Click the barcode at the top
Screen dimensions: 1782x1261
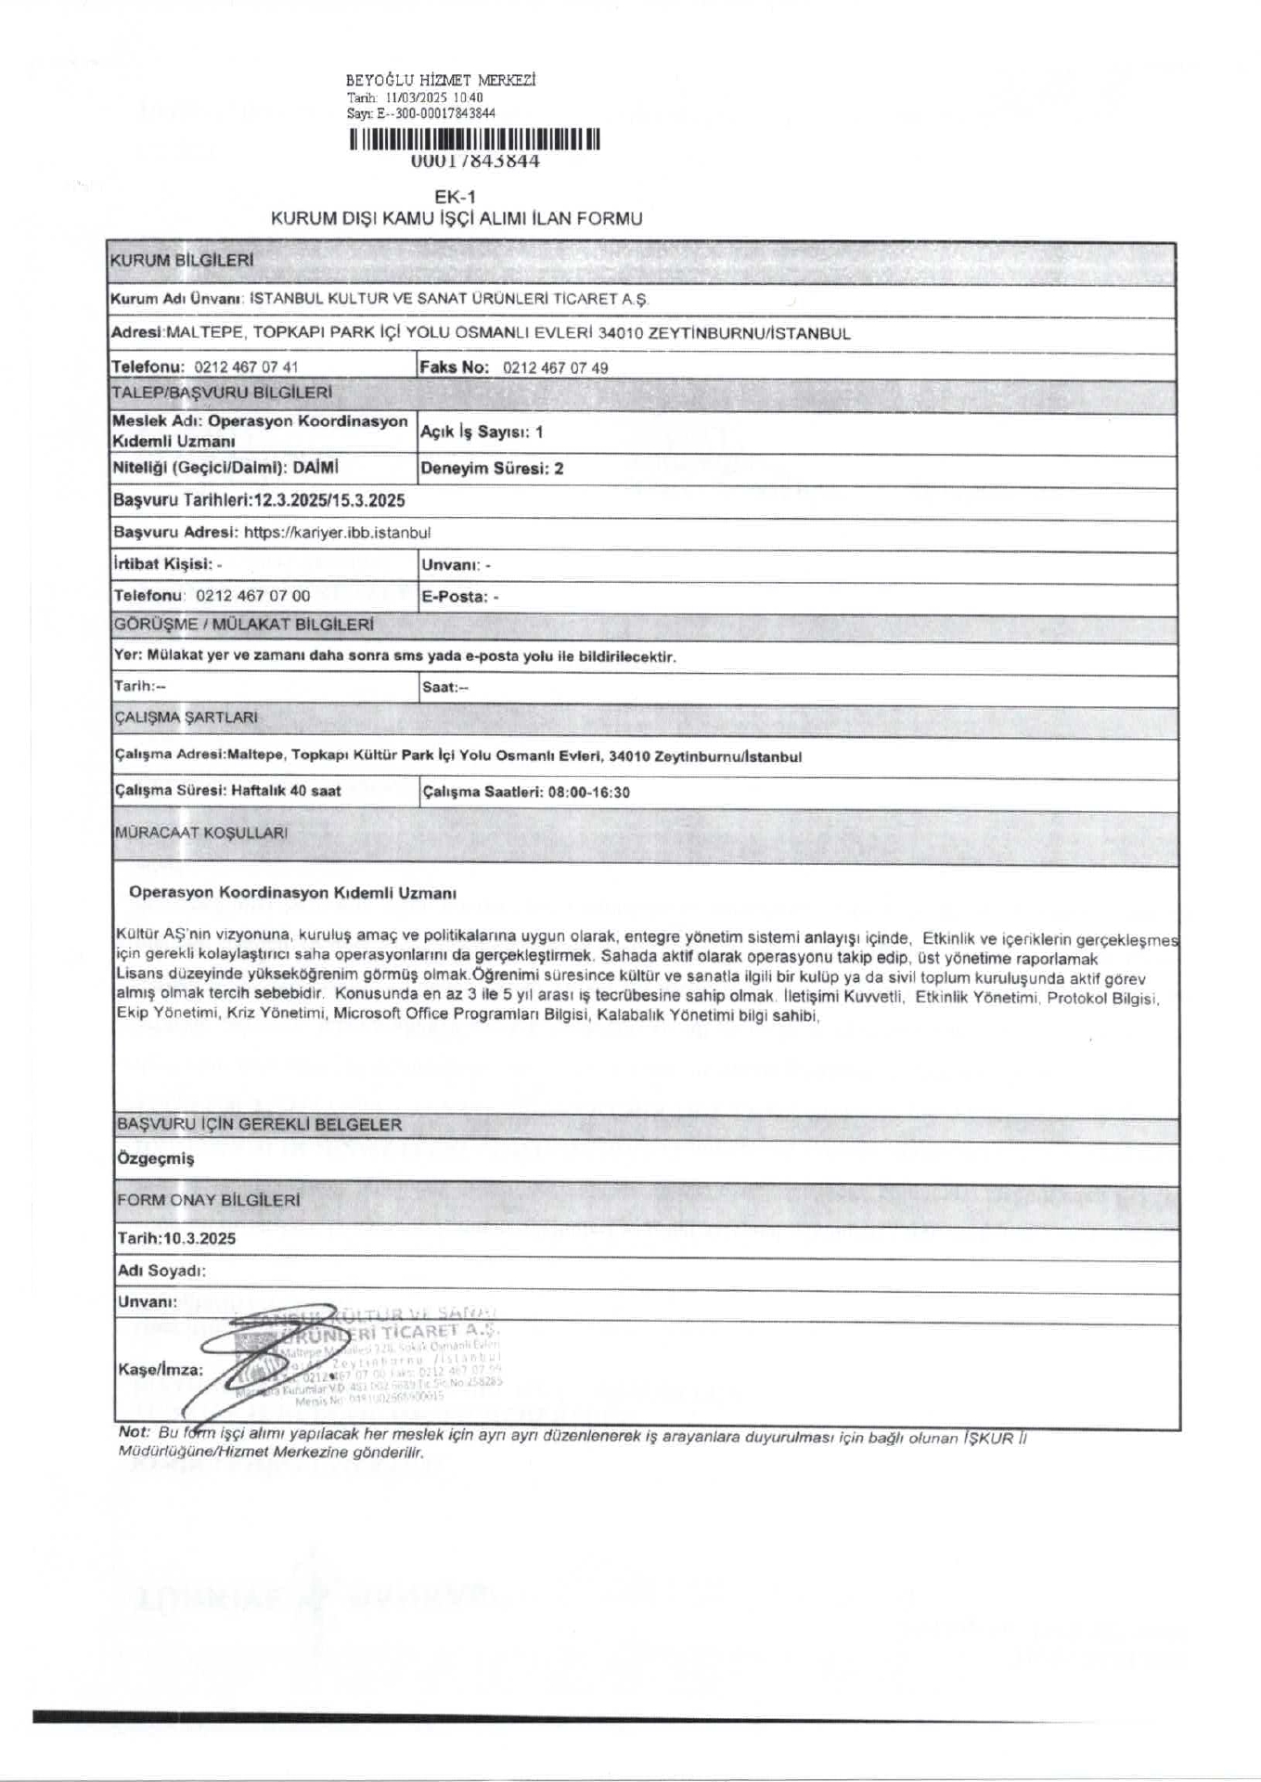pos(474,140)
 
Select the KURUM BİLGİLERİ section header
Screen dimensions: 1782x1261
pos(181,261)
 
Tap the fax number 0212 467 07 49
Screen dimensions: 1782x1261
pos(555,368)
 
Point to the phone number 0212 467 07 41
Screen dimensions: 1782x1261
pos(246,368)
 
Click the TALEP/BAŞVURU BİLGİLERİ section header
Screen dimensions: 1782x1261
pos(221,393)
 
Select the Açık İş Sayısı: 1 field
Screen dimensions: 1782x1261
pos(483,432)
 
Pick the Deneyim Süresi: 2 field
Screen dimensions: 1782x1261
pos(492,469)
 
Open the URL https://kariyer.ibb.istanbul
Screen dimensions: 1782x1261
pos(337,533)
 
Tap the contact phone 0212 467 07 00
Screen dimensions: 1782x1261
pos(253,596)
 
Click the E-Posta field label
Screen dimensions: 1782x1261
pos(454,597)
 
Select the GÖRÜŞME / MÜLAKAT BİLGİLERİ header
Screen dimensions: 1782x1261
pos(243,625)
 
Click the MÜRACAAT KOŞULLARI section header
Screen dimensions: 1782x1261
pos(200,833)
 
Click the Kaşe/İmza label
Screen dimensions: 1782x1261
pos(161,1369)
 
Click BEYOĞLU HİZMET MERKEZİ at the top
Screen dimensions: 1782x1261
pos(441,81)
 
